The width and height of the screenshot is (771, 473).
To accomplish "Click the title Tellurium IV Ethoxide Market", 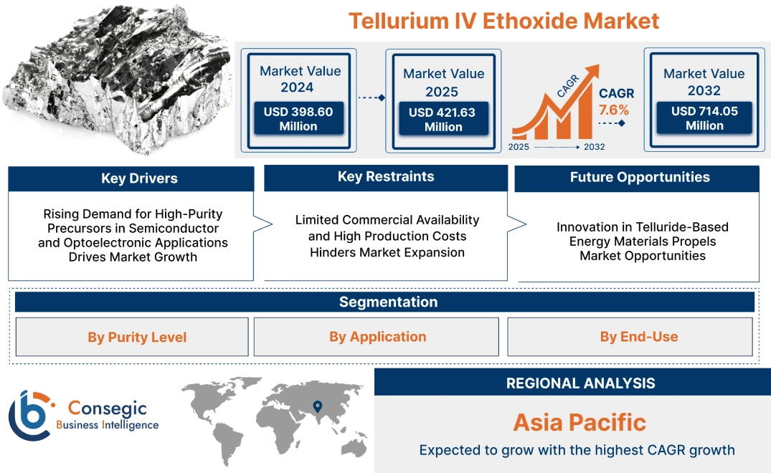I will click(503, 20).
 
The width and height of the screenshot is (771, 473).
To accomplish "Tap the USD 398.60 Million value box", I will click(298, 119).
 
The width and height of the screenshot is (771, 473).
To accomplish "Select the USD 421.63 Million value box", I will click(443, 120).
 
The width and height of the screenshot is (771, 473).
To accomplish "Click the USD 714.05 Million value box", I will click(704, 118).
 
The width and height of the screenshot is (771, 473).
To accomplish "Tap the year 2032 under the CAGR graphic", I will click(594, 147).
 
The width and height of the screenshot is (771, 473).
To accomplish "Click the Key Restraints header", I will click(386, 177).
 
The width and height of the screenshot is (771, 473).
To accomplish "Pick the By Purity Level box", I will click(137, 337).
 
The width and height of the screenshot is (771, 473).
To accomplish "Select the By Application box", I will click(377, 336).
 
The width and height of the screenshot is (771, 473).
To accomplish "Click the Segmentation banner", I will click(388, 302).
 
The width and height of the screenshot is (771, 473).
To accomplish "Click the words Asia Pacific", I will click(579, 422).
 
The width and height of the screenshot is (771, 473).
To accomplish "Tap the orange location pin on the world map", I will click(316, 407).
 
